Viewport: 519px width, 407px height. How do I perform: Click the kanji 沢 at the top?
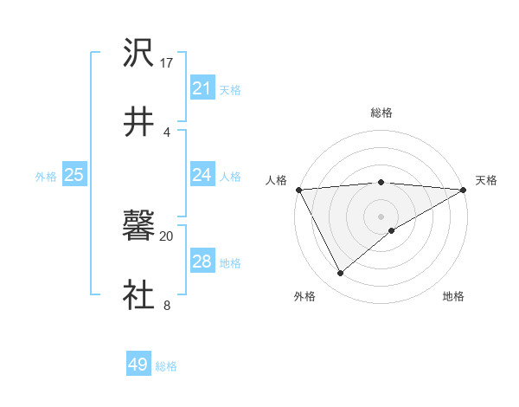point(138,53)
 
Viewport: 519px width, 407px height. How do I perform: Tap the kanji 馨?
point(138,228)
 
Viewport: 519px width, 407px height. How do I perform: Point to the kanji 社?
point(138,295)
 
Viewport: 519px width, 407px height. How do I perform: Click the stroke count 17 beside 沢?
point(168,63)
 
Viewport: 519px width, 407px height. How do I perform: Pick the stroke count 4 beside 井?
point(166,131)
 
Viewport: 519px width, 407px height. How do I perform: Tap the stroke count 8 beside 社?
point(166,305)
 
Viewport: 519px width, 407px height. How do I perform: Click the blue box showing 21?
point(202,88)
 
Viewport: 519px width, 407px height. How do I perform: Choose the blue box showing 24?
point(202,175)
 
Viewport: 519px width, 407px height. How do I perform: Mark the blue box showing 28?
point(202,262)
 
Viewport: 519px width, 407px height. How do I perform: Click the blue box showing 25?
point(74,175)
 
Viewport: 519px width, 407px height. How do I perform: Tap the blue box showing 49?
point(138,365)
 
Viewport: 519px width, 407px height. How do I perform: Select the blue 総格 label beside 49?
point(166,366)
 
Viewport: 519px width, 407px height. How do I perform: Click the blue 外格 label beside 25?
point(46,177)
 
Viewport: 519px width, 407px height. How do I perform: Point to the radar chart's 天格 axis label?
point(487,180)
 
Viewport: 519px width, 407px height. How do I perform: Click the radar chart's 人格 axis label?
point(276,180)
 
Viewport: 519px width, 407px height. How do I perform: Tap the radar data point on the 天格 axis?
point(464,190)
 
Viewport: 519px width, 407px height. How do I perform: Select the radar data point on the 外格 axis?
point(340,274)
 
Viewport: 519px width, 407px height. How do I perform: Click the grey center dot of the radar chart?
point(381,216)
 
